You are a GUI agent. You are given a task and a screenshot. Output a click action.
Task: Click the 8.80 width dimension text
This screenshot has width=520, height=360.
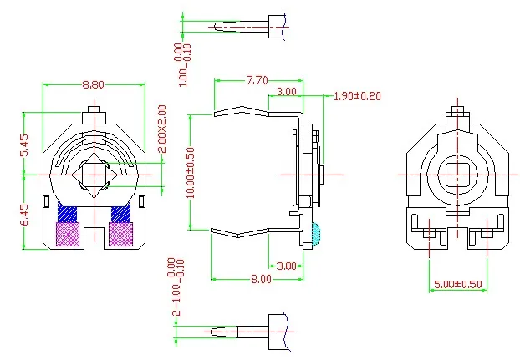(94, 84)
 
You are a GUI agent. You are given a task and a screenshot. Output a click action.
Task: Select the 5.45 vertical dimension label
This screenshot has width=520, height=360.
(24, 145)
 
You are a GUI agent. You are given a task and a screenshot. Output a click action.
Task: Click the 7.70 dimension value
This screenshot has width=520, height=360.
(257, 81)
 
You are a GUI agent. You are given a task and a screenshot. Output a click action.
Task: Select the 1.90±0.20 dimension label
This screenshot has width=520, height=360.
(357, 96)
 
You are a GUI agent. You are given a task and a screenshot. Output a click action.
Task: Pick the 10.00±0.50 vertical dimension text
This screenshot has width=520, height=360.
(191, 171)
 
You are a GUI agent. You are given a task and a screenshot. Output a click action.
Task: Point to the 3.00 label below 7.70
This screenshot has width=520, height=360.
(286, 91)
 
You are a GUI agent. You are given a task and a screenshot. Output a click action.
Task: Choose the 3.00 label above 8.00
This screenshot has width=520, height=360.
(286, 266)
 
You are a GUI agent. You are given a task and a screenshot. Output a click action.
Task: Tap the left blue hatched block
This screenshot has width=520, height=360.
(67, 214)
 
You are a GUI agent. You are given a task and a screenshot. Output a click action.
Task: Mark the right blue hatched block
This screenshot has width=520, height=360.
(121, 214)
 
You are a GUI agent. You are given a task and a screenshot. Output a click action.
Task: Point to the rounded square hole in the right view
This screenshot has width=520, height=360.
(456, 174)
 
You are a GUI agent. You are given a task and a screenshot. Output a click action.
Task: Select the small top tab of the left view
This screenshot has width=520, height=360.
(94, 109)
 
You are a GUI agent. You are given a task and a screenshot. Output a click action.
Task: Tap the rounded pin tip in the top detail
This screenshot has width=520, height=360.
(219, 26)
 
